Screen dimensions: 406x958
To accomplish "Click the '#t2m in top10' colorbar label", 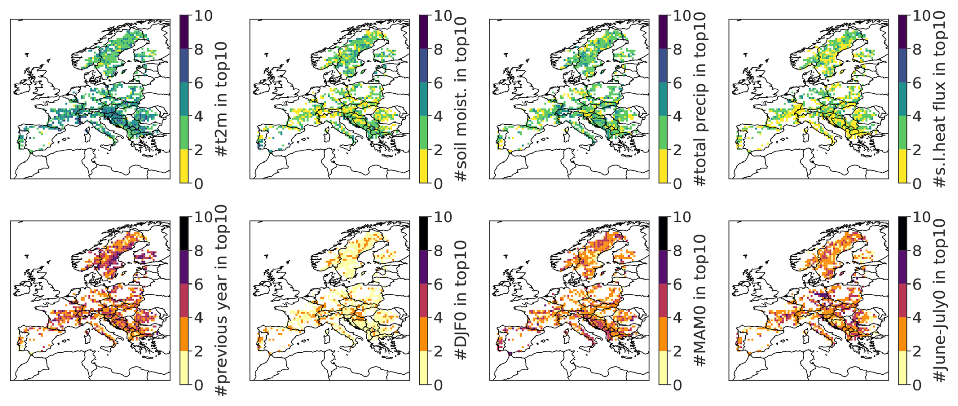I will (221, 99).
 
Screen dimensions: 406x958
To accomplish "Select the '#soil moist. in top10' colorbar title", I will (461, 99).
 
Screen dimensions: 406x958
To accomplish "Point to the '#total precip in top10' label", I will (700, 99).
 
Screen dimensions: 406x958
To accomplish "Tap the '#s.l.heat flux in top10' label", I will (940, 99).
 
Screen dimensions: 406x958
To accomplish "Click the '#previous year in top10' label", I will (221, 300).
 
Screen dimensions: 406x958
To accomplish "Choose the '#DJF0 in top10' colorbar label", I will (461, 300).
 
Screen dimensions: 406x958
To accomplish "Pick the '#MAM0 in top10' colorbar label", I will (700, 300).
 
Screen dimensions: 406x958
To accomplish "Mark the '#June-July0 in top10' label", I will (940, 300).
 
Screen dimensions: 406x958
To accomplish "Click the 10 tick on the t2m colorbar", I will (203, 16).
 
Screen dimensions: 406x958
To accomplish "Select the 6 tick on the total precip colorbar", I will (678, 83).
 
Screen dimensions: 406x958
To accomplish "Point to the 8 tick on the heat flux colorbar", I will (917, 50).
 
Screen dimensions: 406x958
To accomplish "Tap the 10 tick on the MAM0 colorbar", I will (682, 217).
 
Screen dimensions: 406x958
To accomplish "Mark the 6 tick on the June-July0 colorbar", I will (917, 285).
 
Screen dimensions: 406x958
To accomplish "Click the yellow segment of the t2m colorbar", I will (185, 166).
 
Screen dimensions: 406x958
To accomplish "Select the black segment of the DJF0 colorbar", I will (424, 233).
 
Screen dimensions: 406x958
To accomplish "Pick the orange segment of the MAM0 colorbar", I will (664, 334).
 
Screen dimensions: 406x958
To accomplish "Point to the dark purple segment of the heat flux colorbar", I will (903, 32).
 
